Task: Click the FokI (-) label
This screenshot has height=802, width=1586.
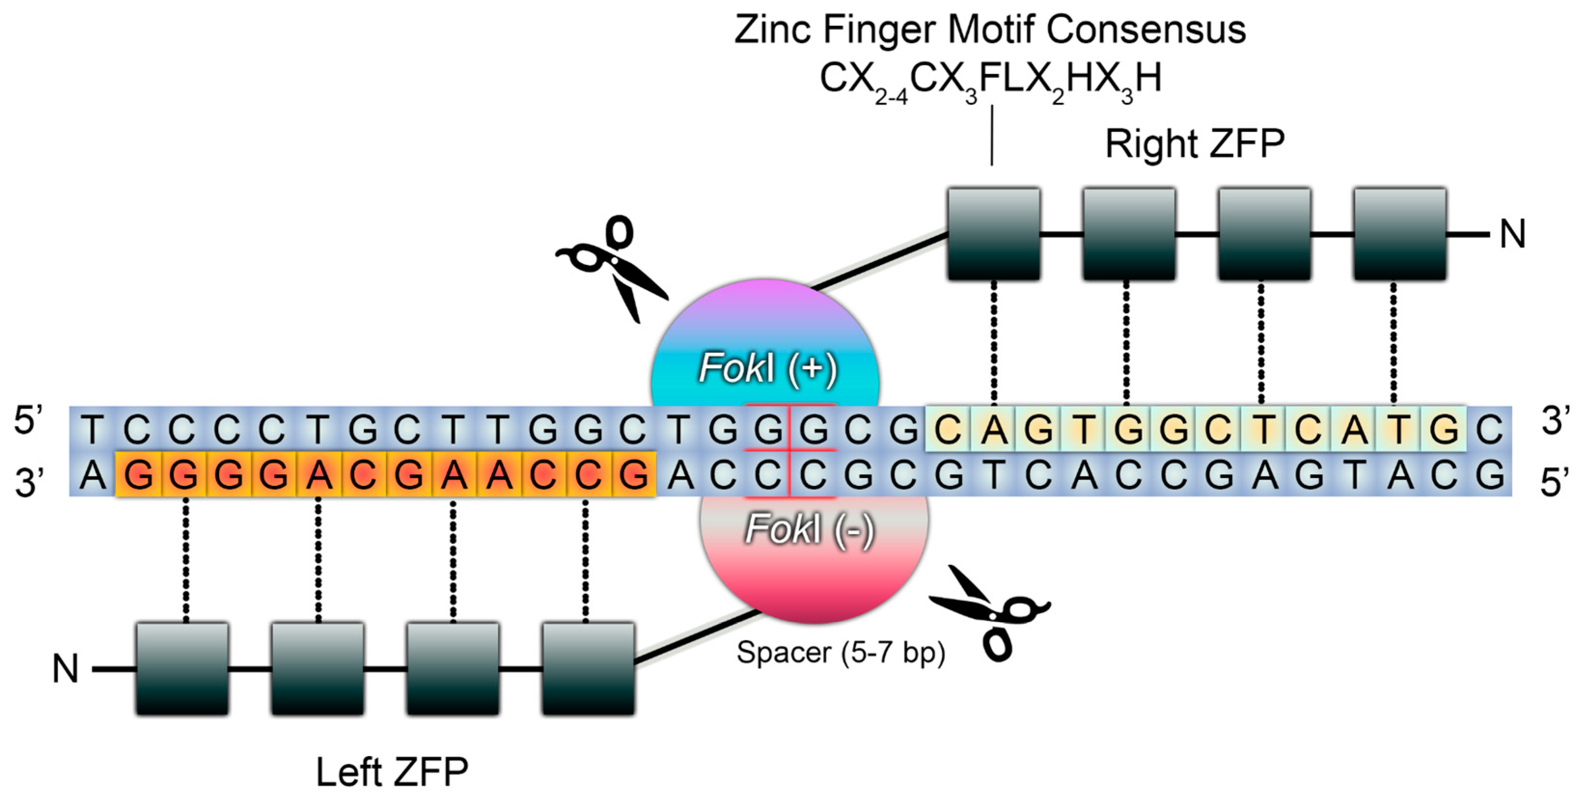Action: [809, 529]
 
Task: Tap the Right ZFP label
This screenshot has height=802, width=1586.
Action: [1194, 144]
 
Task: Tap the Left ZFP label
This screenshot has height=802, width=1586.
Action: [392, 771]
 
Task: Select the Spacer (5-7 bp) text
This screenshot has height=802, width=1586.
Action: [840, 652]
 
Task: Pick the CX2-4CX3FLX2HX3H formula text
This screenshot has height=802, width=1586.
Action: [990, 80]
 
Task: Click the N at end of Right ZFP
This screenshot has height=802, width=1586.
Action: [1512, 234]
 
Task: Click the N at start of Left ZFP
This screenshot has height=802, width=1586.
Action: [65, 668]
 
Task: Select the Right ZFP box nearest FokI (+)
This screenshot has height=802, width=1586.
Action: [994, 234]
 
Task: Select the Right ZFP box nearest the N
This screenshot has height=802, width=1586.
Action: [1399, 234]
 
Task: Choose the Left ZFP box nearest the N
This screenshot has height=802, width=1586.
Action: [182, 668]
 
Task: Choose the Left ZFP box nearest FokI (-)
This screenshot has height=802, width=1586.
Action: [588, 668]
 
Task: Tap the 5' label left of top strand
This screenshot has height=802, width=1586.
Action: [27, 421]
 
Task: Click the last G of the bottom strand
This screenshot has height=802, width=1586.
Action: [1490, 475]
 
